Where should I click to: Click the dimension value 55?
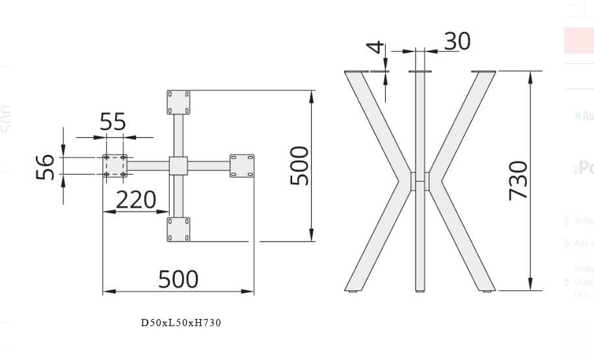point(113,122)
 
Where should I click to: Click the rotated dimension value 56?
point(45,167)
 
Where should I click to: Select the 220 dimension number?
point(136,200)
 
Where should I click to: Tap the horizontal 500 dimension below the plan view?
point(178,279)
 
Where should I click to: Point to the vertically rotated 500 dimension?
point(299,166)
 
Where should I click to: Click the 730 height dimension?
point(519,180)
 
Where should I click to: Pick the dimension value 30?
point(457,41)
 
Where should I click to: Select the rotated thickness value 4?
point(375,48)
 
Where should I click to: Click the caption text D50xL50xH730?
point(181,323)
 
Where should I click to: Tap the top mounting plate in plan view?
point(178,102)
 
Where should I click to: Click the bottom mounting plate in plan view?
point(178,229)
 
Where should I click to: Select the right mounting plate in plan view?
point(241,166)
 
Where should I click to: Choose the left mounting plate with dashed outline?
point(115,166)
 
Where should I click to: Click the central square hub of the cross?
point(178,166)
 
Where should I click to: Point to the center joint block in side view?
point(420,181)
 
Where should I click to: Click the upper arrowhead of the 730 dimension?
point(531,77)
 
